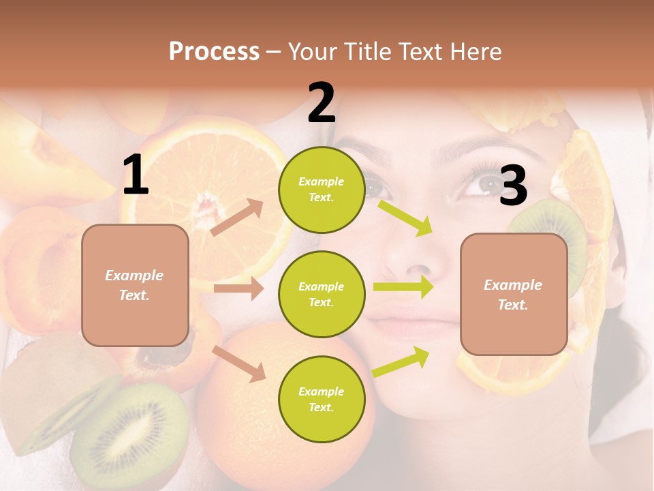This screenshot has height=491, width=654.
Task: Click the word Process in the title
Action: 214,51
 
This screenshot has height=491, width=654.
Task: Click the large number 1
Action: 136,175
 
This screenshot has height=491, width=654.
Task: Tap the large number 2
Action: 322,103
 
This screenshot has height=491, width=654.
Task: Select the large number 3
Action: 513,185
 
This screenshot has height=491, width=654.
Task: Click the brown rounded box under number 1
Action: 135,285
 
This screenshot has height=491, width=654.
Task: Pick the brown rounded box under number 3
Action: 514,294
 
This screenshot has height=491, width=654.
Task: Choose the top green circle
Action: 322,190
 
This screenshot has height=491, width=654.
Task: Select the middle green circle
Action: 322,294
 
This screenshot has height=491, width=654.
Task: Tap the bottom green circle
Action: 322,399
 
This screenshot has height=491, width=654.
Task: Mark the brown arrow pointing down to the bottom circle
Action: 238,363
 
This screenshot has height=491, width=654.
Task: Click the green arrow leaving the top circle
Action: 405,218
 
